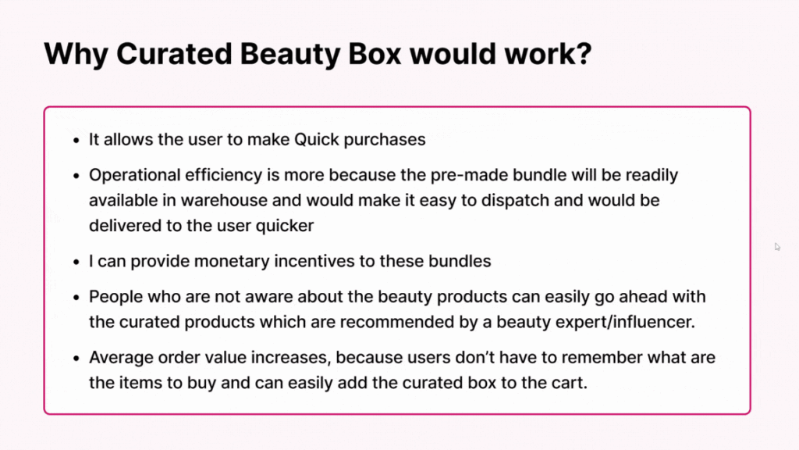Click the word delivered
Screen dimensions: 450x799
pos(123,226)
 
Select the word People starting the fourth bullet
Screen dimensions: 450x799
pos(114,297)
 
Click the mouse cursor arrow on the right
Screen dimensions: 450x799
pos(777,247)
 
